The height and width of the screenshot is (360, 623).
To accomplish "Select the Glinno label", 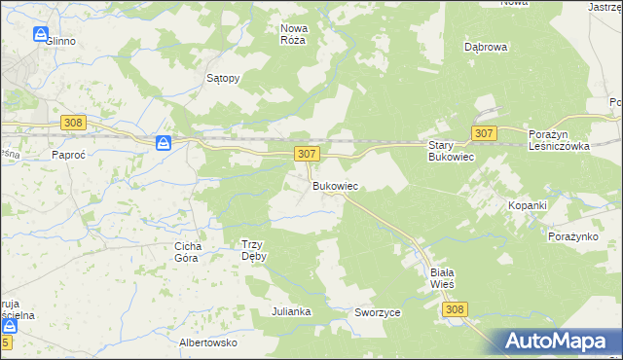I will pyautogui.click(x=59, y=42).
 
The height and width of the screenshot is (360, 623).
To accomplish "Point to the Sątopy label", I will pyautogui.click(x=223, y=78).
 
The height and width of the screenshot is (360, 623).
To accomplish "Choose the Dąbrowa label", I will pyautogui.click(x=488, y=46).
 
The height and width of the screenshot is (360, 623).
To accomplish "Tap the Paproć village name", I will pyautogui.click(x=70, y=154).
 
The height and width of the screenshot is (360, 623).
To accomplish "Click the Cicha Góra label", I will pyautogui.click(x=187, y=252).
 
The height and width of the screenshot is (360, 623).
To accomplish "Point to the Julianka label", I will pyautogui.click(x=291, y=311).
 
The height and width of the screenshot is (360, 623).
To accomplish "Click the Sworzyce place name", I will pyautogui.click(x=378, y=312).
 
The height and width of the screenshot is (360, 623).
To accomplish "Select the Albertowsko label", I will pyautogui.click(x=208, y=342).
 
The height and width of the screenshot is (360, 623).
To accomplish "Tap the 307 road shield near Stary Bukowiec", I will pyautogui.click(x=485, y=132).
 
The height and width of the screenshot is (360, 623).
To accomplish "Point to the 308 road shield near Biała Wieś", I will pyautogui.click(x=455, y=308).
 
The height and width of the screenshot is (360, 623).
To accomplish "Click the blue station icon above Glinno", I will pyautogui.click(x=40, y=34).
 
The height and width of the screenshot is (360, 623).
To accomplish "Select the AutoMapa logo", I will pyautogui.click(x=560, y=341).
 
